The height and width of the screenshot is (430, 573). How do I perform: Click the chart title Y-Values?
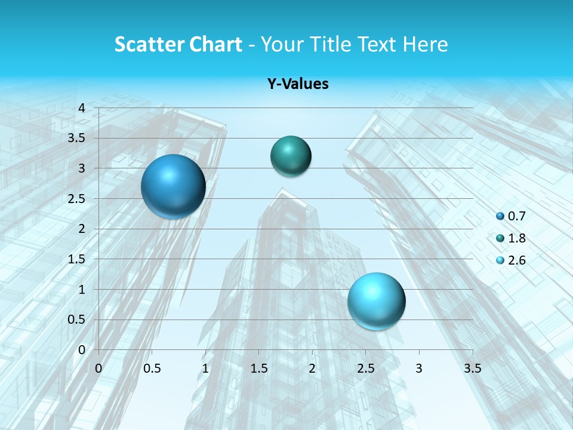[297, 84]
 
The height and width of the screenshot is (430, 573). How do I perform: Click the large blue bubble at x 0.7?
[173, 186]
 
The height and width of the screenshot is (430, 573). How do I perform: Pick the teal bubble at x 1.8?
[291, 156]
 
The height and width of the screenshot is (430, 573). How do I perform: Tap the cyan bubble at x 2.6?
[376, 301]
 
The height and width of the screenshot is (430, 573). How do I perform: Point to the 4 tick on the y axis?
[82, 108]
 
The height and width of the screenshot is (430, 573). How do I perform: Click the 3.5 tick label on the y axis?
[76, 138]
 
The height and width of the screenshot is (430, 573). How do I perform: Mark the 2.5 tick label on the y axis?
[76, 198]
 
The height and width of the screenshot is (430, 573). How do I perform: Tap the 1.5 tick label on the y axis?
[76, 259]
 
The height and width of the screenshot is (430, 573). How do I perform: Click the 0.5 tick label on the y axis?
[76, 320]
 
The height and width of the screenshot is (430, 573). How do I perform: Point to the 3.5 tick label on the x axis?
[472, 368]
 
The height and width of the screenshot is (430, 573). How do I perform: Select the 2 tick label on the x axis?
[312, 368]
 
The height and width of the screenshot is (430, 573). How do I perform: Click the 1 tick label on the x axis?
[205, 368]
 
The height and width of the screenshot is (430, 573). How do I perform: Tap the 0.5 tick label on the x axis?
[152, 368]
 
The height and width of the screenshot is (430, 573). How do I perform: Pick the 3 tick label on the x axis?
[419, 368]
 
